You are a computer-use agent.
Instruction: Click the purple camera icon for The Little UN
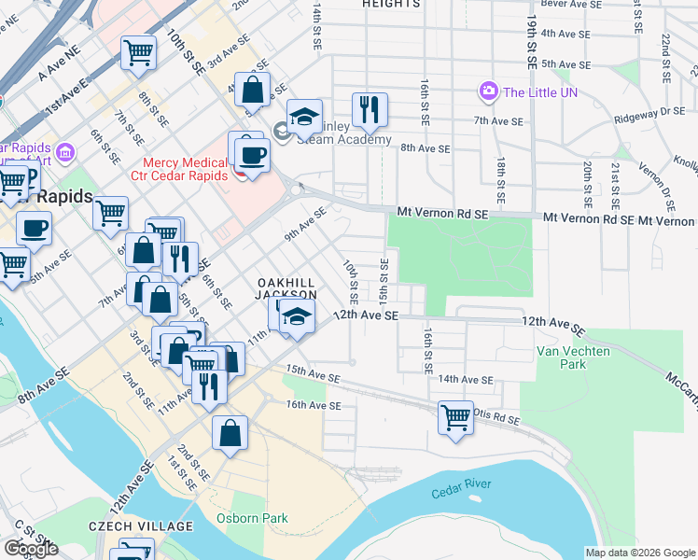click(488, 91)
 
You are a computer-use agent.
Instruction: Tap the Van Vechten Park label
click(574, 357)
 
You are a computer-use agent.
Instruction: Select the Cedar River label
click(461, 493)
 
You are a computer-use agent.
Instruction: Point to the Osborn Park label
click(252, 518)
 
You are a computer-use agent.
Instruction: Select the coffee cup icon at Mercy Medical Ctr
click(250, 154)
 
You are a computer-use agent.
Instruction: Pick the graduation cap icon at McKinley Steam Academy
click(304, 116)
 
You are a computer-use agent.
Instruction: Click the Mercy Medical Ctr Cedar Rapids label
click(185, 169)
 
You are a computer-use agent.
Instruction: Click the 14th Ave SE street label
click(466, 380)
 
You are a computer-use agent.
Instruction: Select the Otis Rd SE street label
click(495, 418)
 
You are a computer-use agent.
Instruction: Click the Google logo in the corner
click(31, 549)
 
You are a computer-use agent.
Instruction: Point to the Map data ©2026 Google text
click(639, 553)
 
